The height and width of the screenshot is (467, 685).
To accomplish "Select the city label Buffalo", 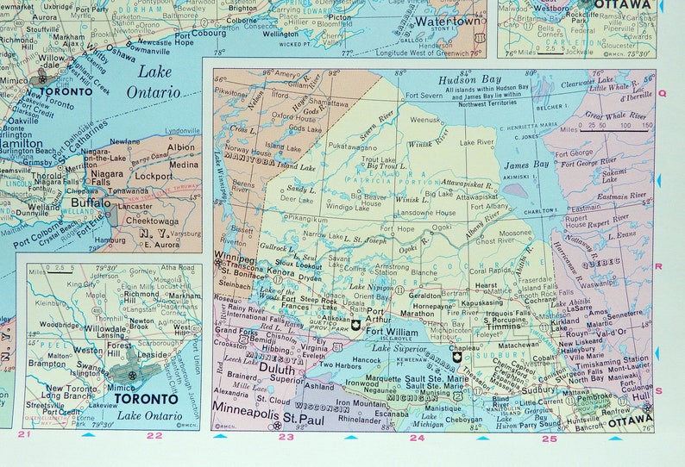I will [x=91, y=205].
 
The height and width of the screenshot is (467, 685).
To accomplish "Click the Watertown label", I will [x=444, y=20].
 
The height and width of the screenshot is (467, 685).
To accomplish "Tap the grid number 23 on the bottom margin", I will [x=286, y=438].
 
